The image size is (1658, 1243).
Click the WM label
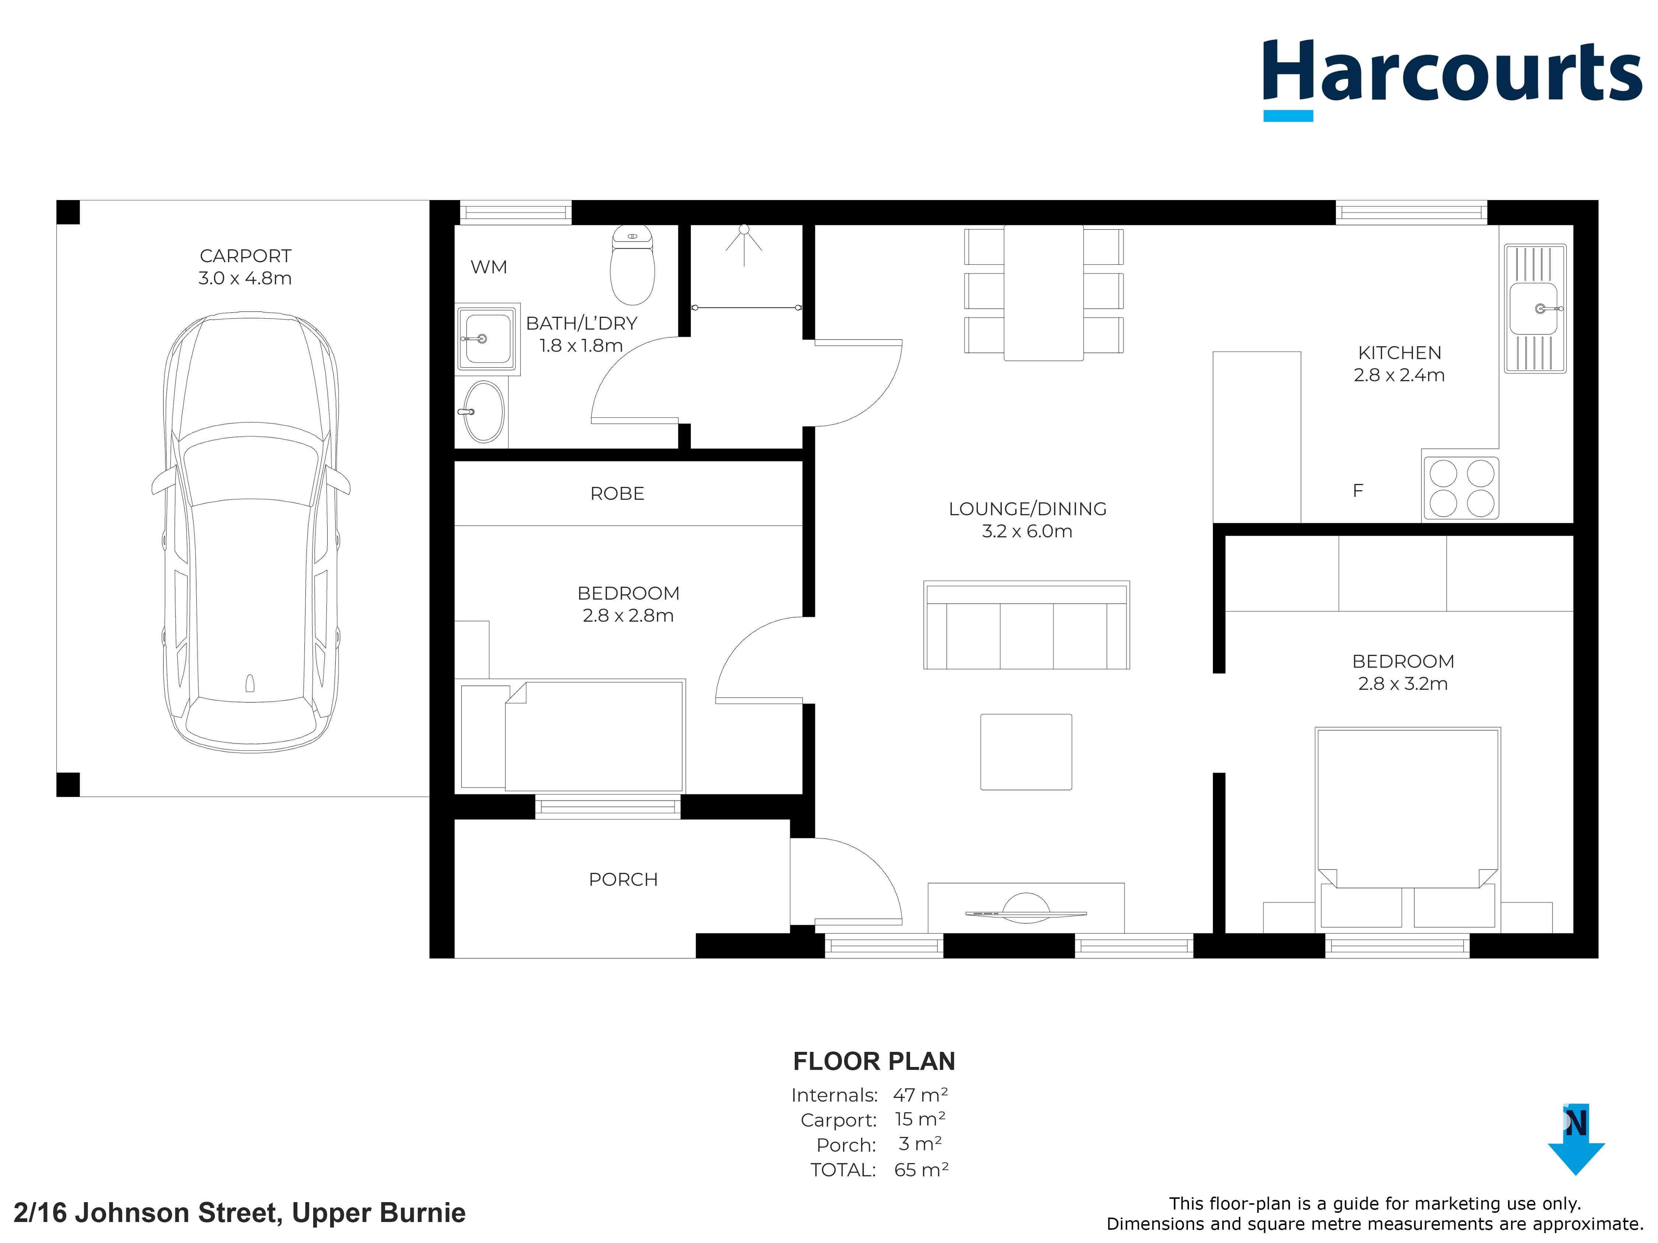click(x=489, y=267)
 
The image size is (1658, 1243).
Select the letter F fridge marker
click(x=1357, y=491)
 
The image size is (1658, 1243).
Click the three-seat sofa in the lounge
click(x=1026, y=625)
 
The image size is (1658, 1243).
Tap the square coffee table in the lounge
click(x=1026, y=751)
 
